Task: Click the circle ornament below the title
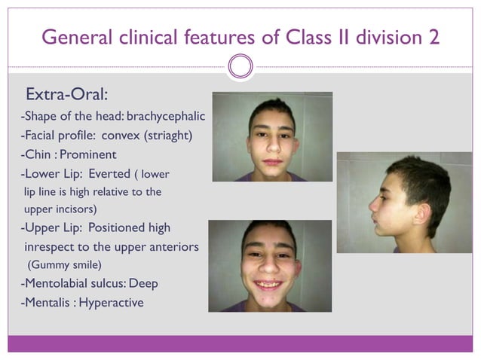click(x=240, y=66)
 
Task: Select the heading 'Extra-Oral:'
click(x=67, y=96)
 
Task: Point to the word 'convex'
click(x=121, y=136)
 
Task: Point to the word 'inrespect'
click(x=52, y=246)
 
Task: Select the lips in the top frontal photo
click(x=272, y=161)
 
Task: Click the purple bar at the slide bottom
click(x=240, y=343)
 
